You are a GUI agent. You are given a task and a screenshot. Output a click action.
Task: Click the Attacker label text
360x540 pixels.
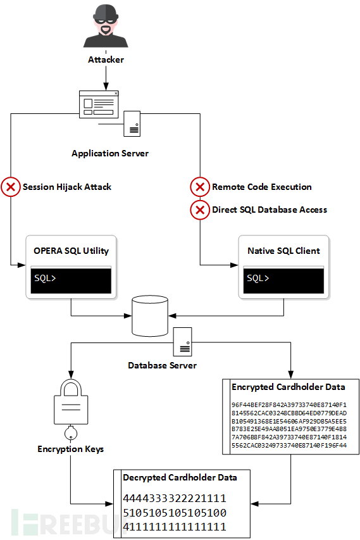coord(106,60)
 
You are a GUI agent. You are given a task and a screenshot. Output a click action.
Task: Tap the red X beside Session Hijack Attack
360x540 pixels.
coord(11,187)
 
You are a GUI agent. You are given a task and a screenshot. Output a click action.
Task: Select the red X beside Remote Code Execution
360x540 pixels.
coord(200,187)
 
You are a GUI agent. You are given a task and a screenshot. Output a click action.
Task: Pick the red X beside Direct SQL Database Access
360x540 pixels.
coord(200,210)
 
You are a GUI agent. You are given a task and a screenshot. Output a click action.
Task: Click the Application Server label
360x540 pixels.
coord(110,154)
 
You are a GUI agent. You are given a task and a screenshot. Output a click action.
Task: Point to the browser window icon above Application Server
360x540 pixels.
coord(99,104)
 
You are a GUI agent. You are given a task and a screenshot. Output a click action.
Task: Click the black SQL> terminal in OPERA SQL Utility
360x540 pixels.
coord(71,280)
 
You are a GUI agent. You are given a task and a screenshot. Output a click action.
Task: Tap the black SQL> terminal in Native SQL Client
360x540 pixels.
coord(283,280)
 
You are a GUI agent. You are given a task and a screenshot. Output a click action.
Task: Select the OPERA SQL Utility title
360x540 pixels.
coord(71,251)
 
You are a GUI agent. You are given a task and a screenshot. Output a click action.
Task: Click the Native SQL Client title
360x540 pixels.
coord(283,251)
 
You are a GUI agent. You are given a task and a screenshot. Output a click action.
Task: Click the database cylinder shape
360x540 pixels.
coord(150,316)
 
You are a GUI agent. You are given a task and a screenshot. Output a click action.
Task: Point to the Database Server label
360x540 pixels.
coord(162,365)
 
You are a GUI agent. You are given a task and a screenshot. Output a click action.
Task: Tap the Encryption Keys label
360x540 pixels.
coord(71,449)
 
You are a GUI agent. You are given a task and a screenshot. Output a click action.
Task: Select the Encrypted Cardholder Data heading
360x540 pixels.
coord(289,387)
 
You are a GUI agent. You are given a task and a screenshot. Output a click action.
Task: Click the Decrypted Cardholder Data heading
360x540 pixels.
coord(180,478)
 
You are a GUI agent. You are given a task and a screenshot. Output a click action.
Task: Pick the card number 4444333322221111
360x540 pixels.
coord(175,498)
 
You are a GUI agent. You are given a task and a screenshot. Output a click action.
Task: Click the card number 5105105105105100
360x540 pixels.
coord(175,513)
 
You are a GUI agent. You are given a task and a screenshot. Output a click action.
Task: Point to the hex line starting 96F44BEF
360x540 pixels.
coord(289,405)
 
